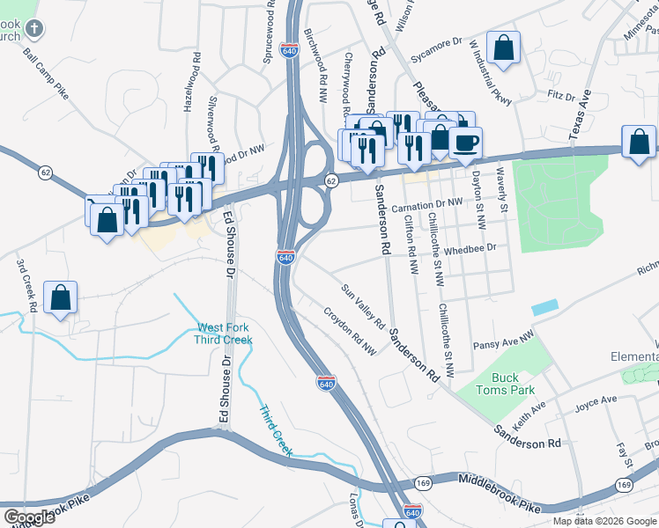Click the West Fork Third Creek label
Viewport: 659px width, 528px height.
[x=224, y=334]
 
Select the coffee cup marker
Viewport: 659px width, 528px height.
[x=465, y=142]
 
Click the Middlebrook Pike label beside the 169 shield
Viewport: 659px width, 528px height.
[x=498, y=480]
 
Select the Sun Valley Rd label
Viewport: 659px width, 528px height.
[x=364, y=304]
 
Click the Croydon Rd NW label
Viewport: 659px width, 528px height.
[x=350, y=331]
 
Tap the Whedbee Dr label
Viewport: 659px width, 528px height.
[x=471, y=249]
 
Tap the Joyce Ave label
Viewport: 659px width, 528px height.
[x=596, y=401]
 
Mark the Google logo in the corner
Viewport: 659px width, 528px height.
[x=28, y=517]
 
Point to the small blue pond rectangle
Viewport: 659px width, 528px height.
[x=544, y=307]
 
